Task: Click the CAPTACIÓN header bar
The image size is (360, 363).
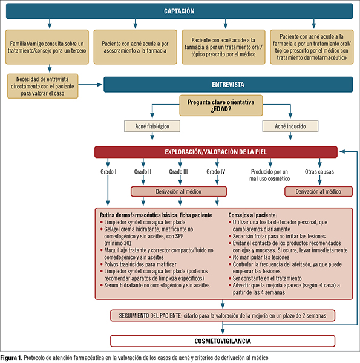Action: (180, 11)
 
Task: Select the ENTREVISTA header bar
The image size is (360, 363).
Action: (228, 85)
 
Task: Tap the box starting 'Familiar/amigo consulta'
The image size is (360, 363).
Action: (47, 47)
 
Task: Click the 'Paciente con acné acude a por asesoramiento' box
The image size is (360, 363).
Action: (135, 47)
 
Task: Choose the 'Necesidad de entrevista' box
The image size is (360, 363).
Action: (42, 86)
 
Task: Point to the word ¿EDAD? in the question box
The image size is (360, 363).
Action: (221, 109)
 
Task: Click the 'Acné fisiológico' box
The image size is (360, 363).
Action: (152, 126)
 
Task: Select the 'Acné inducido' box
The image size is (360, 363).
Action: (290, 126)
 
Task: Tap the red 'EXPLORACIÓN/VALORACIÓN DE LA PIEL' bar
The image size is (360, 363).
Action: (216, 152)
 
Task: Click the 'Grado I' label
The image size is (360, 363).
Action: (108, 172)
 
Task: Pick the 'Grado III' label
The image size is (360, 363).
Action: (178, 172)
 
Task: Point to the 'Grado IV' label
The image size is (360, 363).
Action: (216, 172)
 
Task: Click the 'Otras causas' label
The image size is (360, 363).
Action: (319, 172)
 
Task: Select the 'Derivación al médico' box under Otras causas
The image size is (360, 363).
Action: (319, 191)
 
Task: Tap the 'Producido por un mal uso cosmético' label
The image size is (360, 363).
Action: (269, 175)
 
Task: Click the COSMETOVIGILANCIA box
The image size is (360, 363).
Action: (223, 341)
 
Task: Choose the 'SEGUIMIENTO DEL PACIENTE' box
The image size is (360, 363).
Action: (223, 316)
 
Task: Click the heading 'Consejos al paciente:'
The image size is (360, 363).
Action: (252, 215)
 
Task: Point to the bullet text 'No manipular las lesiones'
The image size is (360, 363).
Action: (261, 257)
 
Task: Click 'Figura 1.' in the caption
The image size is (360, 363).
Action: (11, 358)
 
